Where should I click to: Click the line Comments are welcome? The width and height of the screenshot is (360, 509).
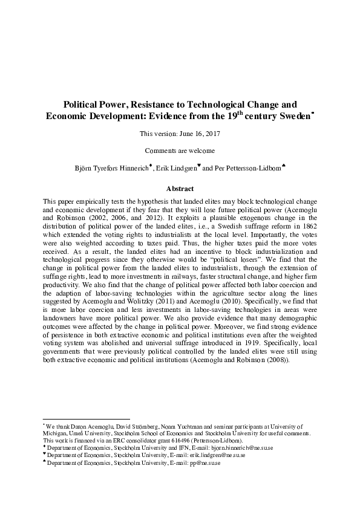pos(180,151)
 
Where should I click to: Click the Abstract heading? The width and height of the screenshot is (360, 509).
pos(180,189)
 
